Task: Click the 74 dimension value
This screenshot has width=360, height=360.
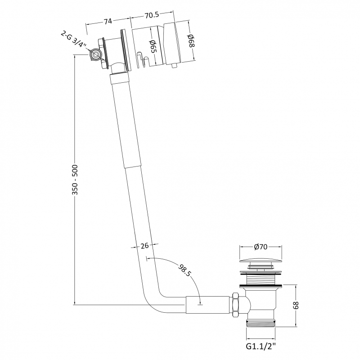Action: [108, 21]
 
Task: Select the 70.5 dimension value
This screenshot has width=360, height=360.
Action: [152, 15]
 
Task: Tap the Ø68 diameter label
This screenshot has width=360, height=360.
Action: [191, 41]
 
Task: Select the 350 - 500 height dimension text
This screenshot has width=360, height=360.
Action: [75, 180]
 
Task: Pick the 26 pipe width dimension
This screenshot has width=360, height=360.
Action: [144, 246]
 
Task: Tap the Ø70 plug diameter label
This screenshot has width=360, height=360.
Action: [261, 247]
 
